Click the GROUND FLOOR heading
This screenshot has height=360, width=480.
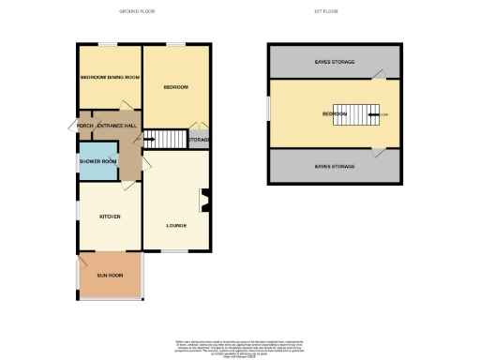137,11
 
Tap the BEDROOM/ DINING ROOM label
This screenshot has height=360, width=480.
110,78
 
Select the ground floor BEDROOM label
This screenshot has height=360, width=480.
176,87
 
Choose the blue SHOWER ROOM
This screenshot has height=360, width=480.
97,161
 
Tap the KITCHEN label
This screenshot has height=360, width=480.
111,216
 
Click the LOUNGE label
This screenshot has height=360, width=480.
176,225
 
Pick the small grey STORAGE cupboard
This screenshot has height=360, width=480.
198,140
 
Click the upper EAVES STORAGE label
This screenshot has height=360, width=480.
335,62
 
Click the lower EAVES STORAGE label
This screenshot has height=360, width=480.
335,166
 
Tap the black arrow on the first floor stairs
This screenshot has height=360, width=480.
372,114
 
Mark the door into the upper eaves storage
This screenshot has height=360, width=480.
380,75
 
